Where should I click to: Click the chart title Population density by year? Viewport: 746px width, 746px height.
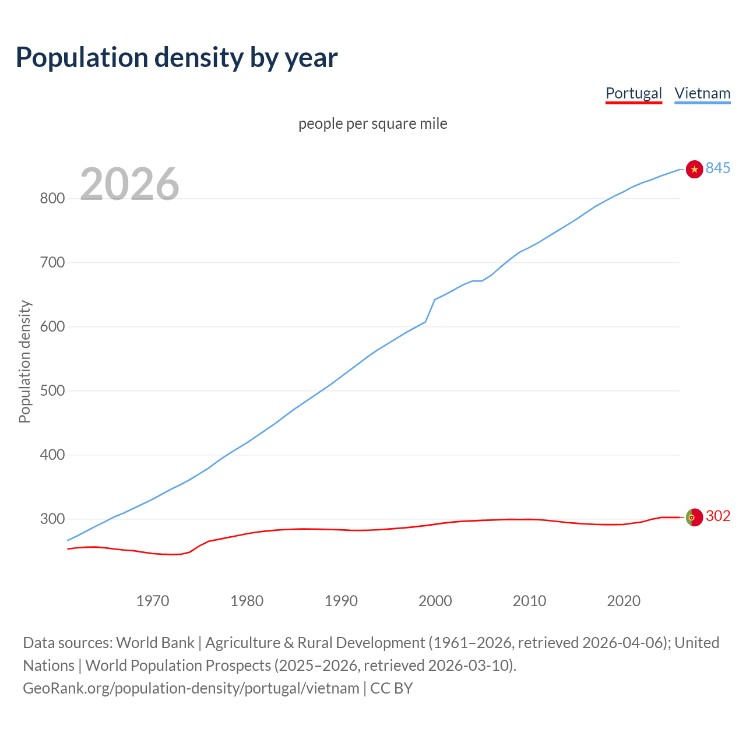(177, 57)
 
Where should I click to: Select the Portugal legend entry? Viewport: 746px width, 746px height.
(634, 93)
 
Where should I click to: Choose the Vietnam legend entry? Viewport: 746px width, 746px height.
(702, 93)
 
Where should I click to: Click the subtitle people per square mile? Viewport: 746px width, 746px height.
(372, 124)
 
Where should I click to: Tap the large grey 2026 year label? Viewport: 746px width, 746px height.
(129, 184)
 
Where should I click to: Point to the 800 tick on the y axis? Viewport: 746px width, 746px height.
(52, 198)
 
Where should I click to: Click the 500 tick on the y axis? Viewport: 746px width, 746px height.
(52, 390)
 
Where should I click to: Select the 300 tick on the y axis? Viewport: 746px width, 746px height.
(52, 519)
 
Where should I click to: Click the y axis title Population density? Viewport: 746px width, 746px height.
(24, 361)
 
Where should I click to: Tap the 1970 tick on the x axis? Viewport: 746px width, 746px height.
(153, 601)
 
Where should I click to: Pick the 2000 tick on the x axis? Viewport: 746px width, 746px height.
(435, 601)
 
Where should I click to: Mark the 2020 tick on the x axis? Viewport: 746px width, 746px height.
(624, 601)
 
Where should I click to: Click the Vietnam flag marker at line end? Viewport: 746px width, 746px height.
(694, 169)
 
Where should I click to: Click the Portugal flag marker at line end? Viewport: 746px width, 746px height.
(694, 517)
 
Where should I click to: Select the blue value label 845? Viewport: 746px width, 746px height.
(718, 168)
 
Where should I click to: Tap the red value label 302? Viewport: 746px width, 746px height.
(718, 516)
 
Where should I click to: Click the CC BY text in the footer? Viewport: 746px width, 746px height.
(392, 688)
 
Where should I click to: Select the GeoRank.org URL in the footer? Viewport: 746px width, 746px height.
(191, 688)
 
